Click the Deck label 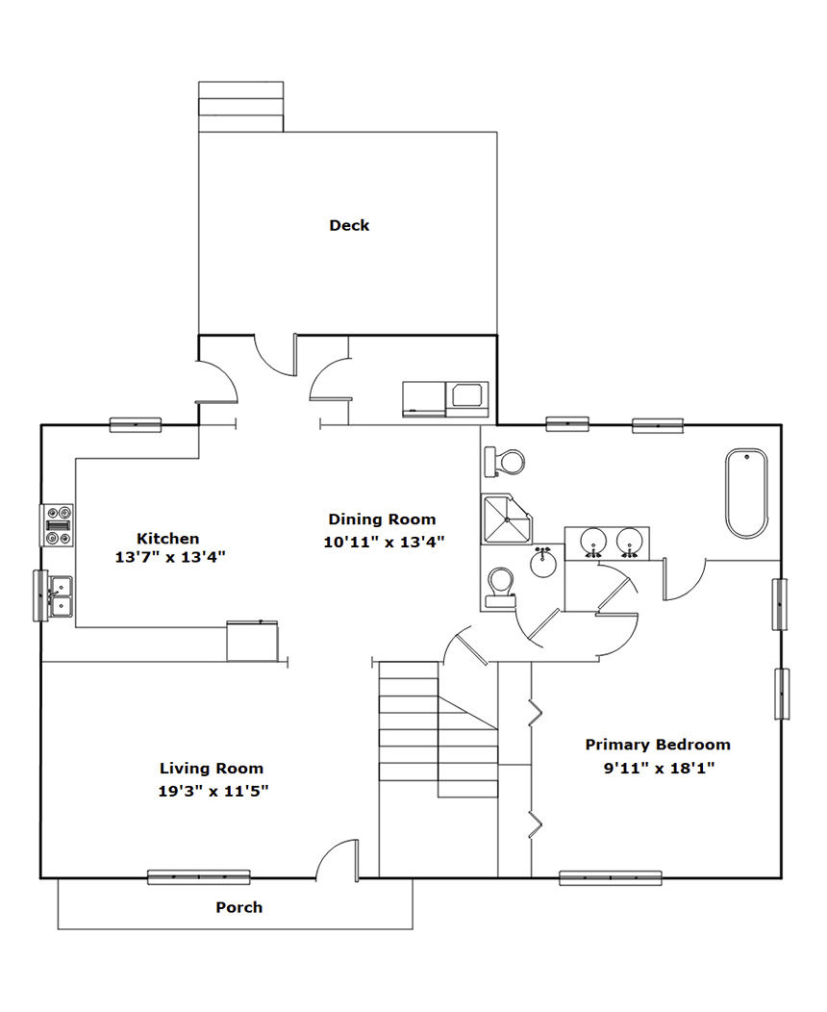tap(349, 225)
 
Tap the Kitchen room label tap(167, 539)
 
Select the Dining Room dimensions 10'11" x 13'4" tap(384, 543)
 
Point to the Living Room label tap(212, 768)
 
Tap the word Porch tap(239, 907)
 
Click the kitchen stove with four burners tap(58, 525)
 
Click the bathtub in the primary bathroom tap(747, 493)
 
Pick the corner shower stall tap(507, 519)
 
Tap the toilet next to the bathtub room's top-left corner tap(504, 462)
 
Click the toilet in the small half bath tap(501, 588)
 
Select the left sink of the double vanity tap(592, 543)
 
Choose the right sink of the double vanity tap(629, 543)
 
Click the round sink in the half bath tap(543, 562)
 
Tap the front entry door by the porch tap(337, 859)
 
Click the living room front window tap(199, 877)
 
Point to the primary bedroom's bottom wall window tap(611, 877)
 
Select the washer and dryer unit tap(446, 399)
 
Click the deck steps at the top tap(240, 107)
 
